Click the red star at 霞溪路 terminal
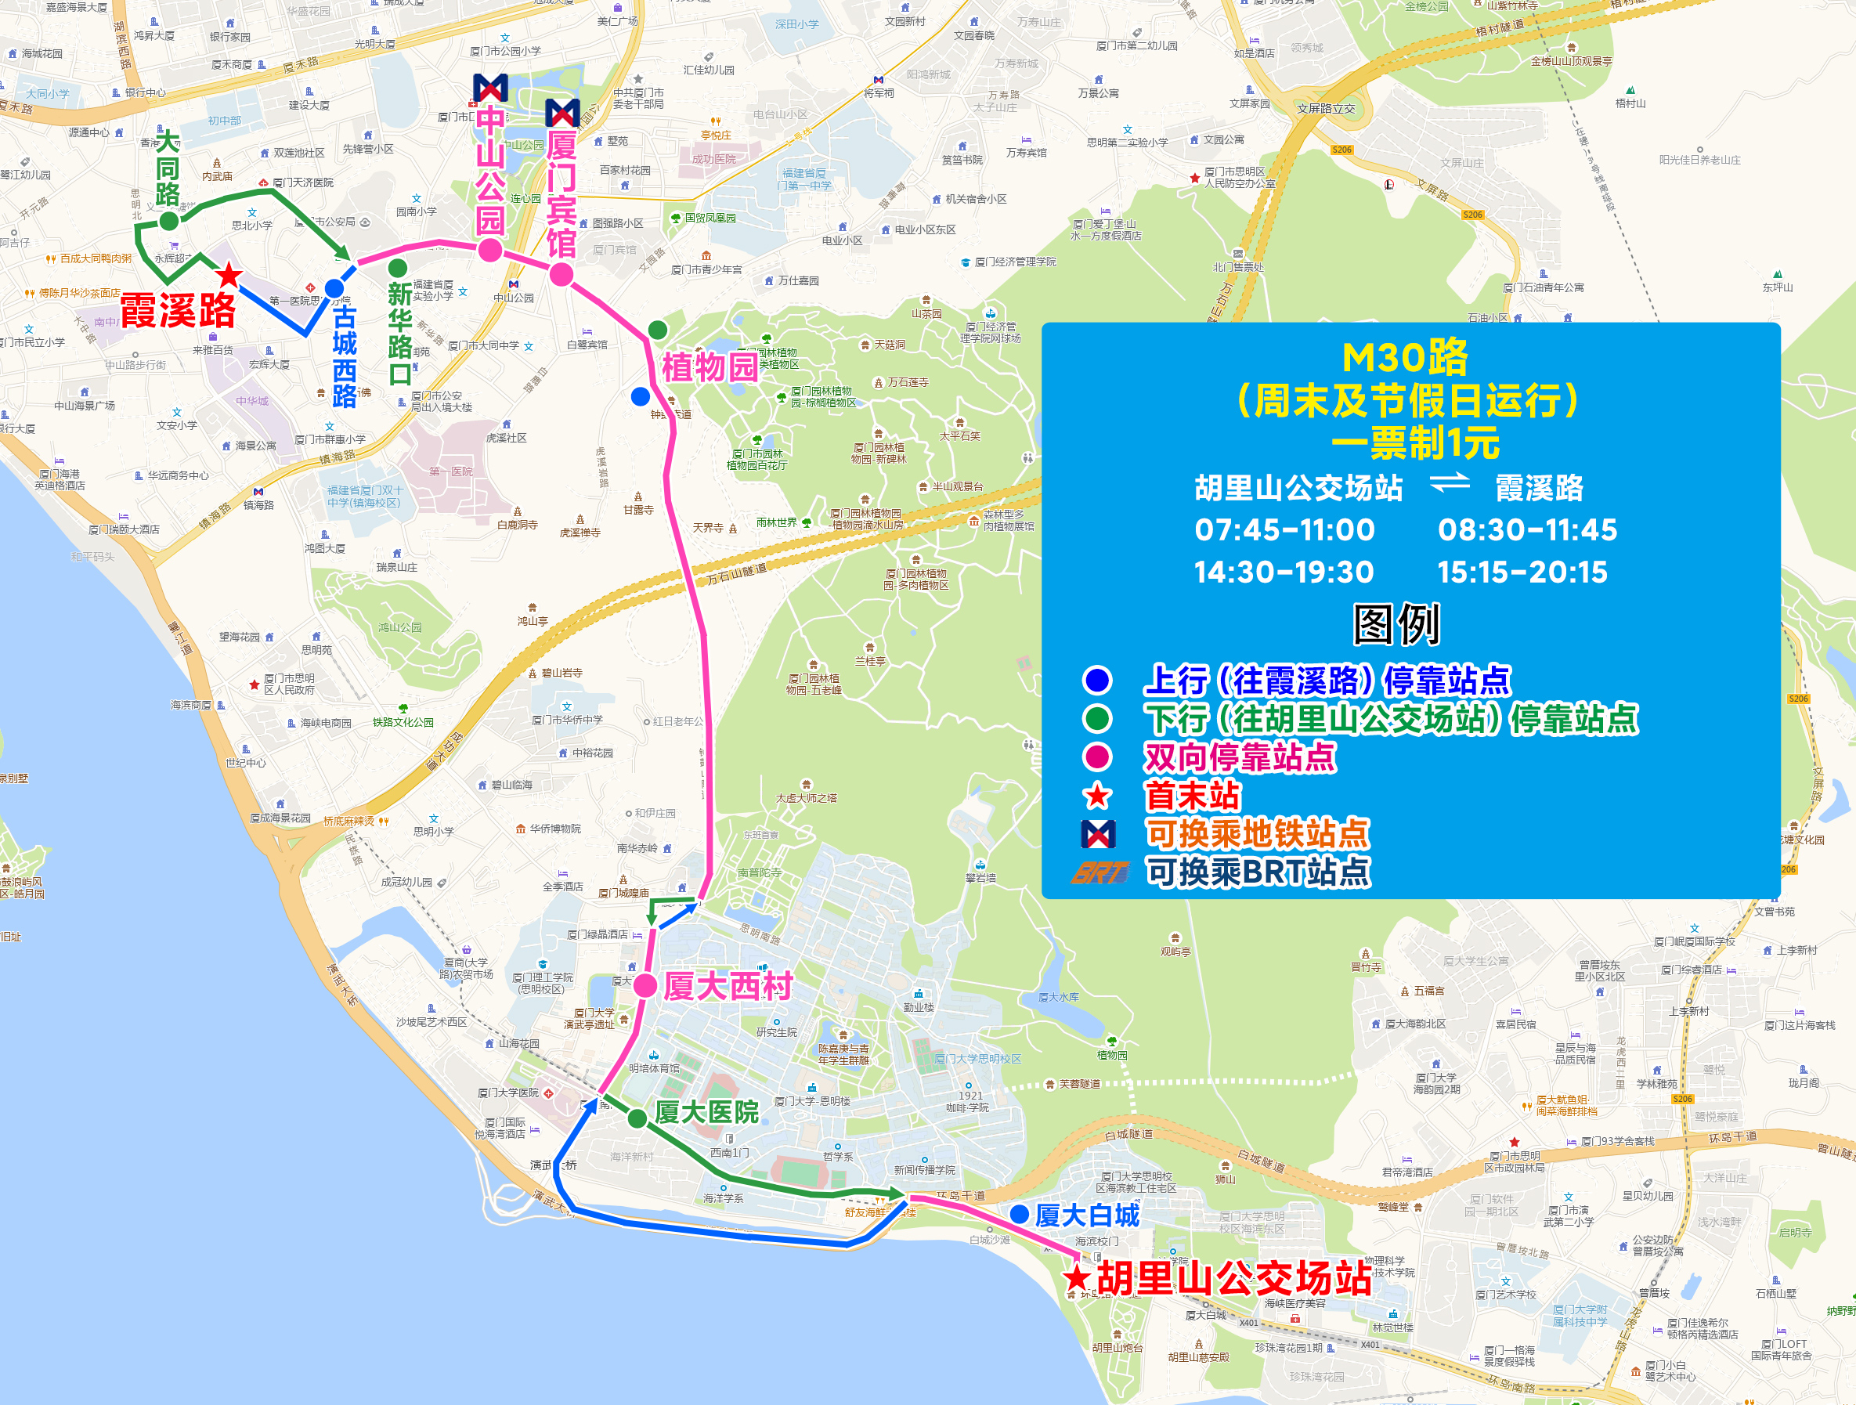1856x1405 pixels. click(228, 274)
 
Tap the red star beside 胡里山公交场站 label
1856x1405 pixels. click(1077, 1278)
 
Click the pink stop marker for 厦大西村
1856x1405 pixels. click(645, 986)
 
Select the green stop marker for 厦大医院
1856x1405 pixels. click(637, 1118)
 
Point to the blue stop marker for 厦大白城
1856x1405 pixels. click(1020, 1214)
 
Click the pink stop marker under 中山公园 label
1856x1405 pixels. click(490, 249)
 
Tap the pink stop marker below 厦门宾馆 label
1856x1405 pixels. click(561, 273)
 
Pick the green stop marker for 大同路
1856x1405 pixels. click(168, 221)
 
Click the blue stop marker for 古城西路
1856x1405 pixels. click(334, 288)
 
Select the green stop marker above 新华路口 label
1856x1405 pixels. click(398, 268)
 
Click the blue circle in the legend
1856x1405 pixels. click(1097, 680)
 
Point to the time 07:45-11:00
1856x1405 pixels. click(1284, 529)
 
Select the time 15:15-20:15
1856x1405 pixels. click(1522, 572)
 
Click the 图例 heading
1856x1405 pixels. click(1396, 624)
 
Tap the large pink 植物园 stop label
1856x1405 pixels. click(710, 367)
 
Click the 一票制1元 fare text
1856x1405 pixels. click(1414, 443)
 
